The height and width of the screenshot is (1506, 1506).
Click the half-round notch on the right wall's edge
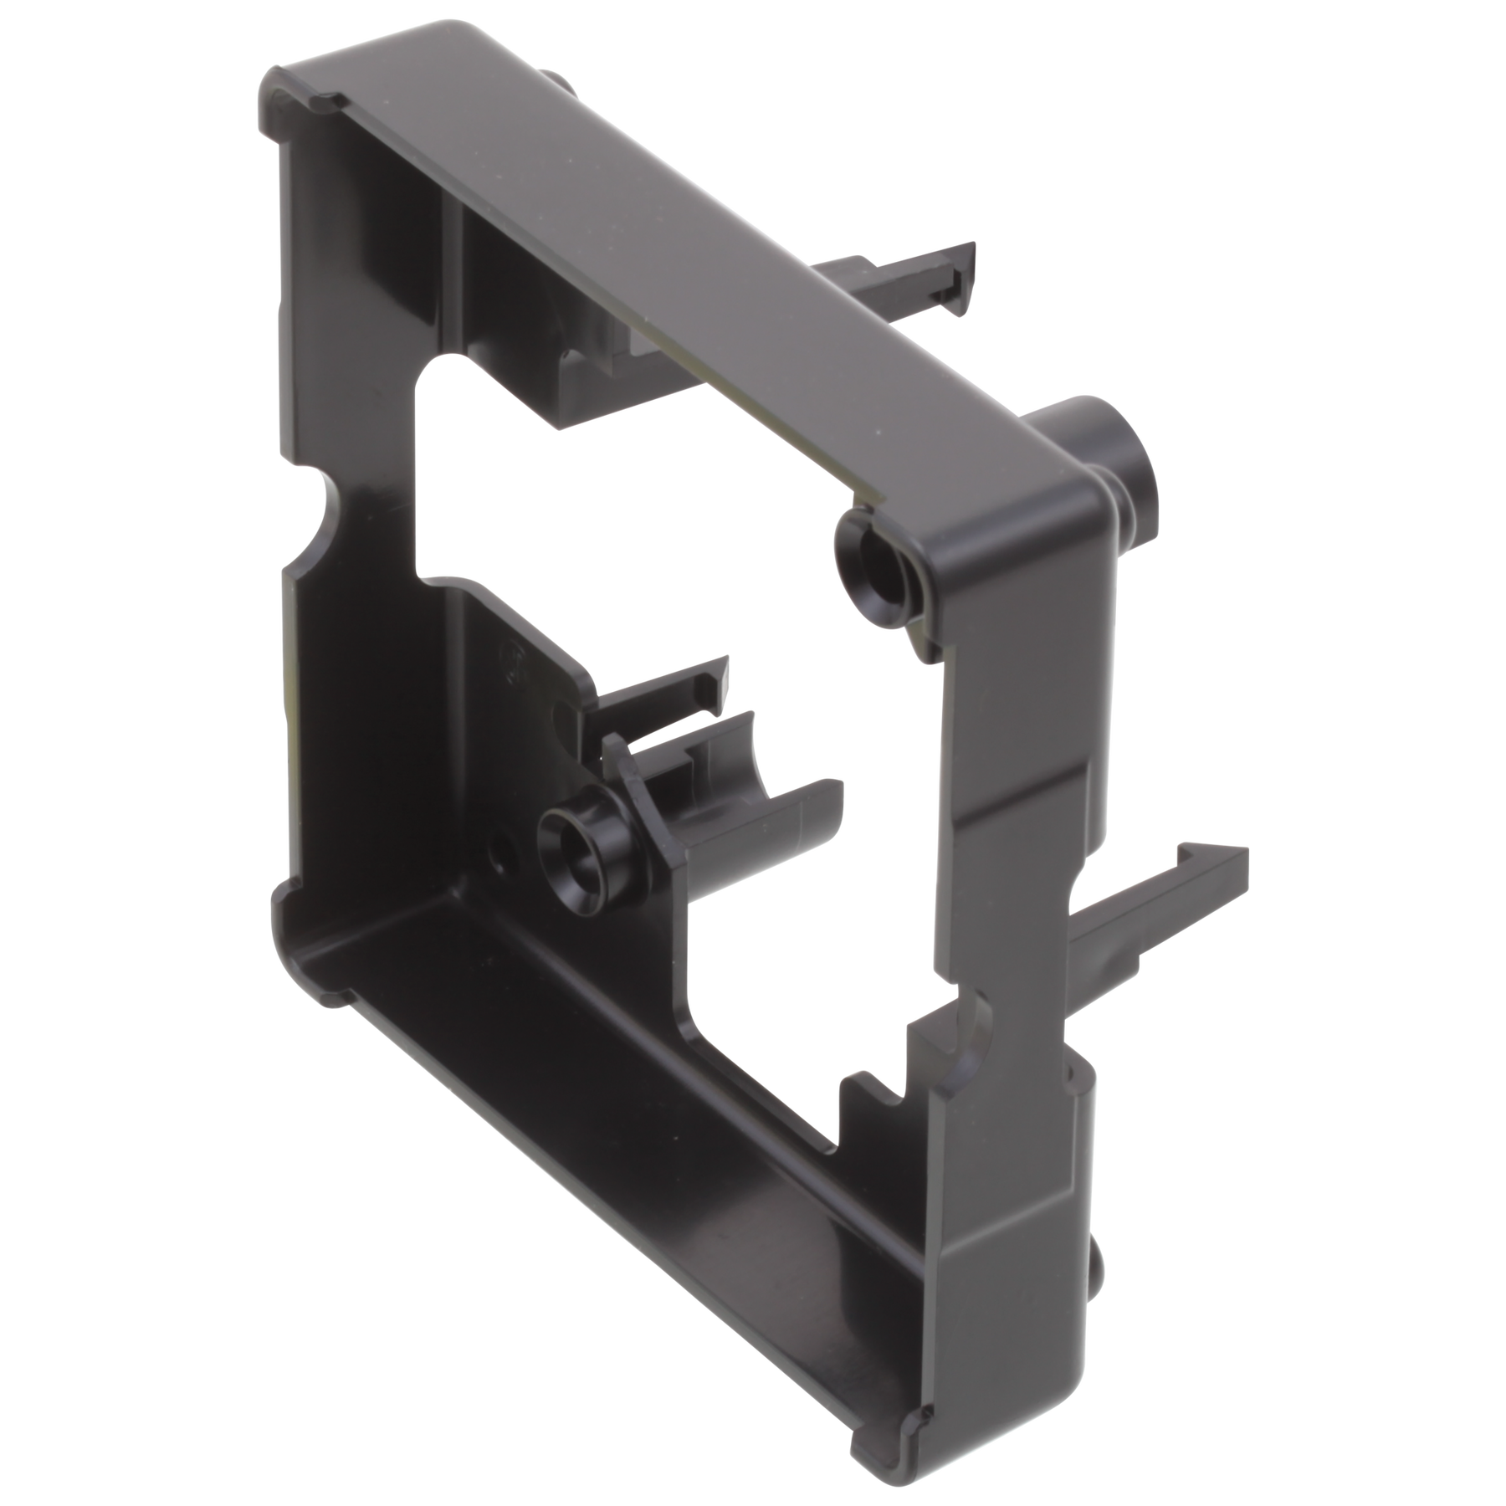[979, 1017]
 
